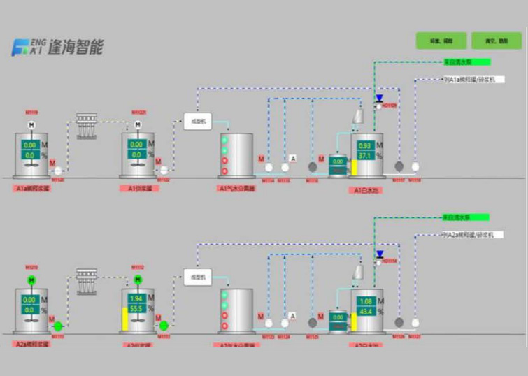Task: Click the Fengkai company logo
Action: (x=57, y=47)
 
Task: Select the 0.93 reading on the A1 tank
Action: (x=364, y=145)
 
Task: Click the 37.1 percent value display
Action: (x=364, y=155)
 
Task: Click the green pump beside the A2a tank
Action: (x=58, y=326)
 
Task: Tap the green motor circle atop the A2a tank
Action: (x=31, y=280)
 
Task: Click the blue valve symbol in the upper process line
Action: (x=379, y=99)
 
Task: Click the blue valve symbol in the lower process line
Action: (x=379, y=254)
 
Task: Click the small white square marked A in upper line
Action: (x=294, y=158)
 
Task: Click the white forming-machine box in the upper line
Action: (x=197, y=121)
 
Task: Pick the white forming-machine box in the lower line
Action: (x=197, y=277)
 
